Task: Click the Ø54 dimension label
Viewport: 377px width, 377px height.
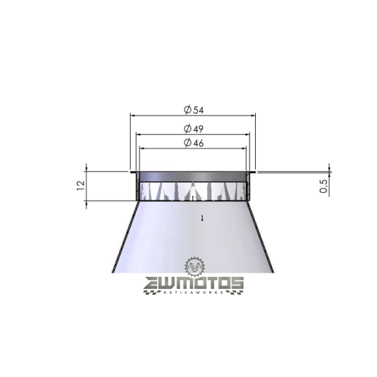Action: [194, 110]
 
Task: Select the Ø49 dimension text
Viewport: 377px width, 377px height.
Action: [194, 129]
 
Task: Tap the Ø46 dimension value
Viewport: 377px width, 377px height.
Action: [194, 143]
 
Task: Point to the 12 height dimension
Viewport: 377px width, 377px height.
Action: [81, 185]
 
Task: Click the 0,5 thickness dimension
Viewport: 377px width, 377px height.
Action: [324, 186]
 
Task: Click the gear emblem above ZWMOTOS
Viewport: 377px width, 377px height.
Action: [195, 266]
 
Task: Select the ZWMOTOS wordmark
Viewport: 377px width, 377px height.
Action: [194, 283]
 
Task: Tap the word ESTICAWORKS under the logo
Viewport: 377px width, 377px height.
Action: [194, 292]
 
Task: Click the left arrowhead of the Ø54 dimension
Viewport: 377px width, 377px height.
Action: [133, 116]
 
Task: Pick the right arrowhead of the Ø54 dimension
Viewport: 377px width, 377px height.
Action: [253, 116]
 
